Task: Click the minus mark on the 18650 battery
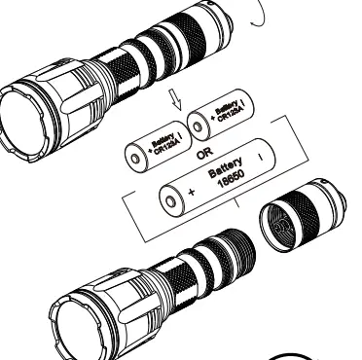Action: (259, 154)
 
